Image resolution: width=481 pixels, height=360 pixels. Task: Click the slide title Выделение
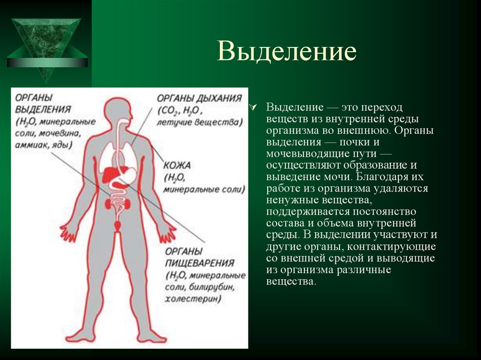click(x=287, y=52)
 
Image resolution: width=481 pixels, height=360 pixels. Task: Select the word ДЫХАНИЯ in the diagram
click(x=218, y=99)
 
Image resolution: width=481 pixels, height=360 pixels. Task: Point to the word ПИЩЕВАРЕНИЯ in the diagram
click(x=200, y=263)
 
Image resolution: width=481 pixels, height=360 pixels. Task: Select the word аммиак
click(x=32, y=145)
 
